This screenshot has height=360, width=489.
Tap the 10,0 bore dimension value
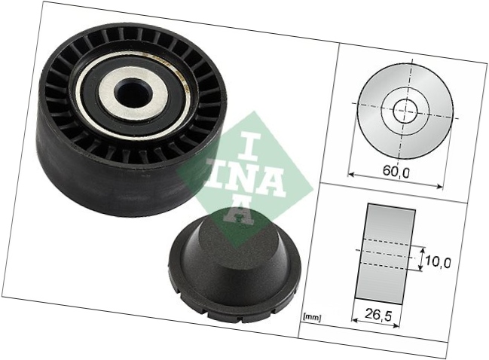438,263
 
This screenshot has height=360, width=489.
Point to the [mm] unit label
311,318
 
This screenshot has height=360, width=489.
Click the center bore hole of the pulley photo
133,93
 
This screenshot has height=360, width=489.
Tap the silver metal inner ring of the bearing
133,94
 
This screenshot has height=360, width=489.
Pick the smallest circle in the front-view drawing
405,111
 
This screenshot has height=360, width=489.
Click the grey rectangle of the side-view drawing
386,256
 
